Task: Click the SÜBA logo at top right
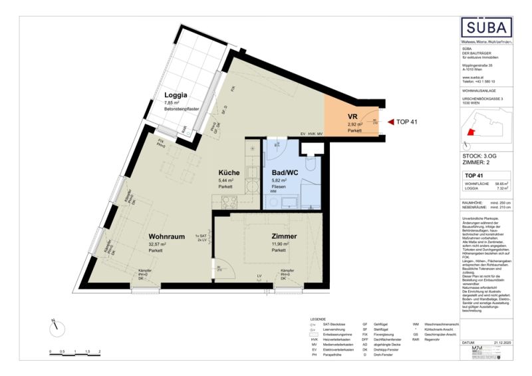click(487, 28)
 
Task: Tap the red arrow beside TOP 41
click(390, 122)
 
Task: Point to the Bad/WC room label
click(279, 172)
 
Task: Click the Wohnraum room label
click(166, 236)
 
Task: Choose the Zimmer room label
click(283, 236)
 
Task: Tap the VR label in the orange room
click(354, 116)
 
